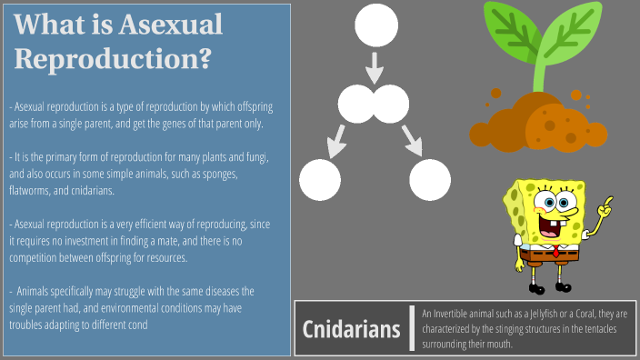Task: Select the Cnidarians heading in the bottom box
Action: pyautogui.click(x=351, y=328)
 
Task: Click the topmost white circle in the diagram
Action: pyautogui.click(x=375, y=25)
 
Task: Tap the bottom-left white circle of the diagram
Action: pyautogui.click(x=320, y=179)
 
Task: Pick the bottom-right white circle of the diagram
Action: pyautogui.click(x=430, y=179)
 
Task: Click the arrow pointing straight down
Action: pyautogui.click(x=375, y=67)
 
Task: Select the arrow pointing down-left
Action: pyautogui.click(x=336, y=137)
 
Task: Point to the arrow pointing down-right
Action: pyautogui.click(x=413, y=137)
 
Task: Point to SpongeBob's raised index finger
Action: pyautogui.click(x=608, y=203)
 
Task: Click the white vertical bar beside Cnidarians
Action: pyautogui.click(x=413, y=327)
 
